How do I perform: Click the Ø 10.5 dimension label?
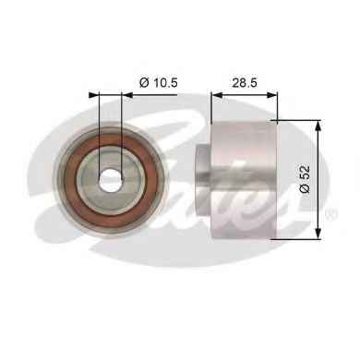pyautogui.click(x=159, y=82)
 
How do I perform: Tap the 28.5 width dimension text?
pyautogui.click(x=245, y=82)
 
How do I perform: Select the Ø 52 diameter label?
pyautogui.click(x=306, y=179)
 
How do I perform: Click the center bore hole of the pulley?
pyautogui.click(x=111, y=180)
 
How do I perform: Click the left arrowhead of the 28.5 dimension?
pyautogui.click(x=217, y=95)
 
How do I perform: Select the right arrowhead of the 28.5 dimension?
pyautogui.click(x=271, y=95)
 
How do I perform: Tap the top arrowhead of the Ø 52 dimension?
pyautogui.click(x=318, y=125)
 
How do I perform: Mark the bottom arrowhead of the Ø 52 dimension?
pyautogui.click(x=318, y=234)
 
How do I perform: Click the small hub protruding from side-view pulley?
pyautogui.click(x=203, y=180)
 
